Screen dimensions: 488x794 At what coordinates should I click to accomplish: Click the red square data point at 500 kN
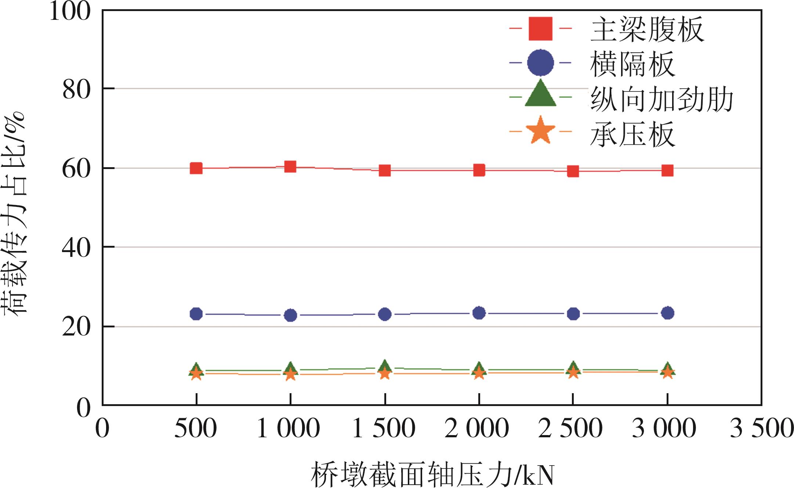click(x=196, y=168)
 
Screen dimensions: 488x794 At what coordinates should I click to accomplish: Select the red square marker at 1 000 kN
click(x=290, y=167)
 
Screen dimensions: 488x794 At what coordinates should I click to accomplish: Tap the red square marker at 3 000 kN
click(x=667, y=171)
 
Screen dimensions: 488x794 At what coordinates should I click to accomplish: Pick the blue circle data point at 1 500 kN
click(x=385, y=314)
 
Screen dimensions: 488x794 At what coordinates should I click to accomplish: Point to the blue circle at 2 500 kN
click(x=573, y=314)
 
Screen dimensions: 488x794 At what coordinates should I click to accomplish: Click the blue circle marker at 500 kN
click(x=196, y=314)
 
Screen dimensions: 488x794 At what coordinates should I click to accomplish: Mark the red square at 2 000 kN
click(x=479, y=170)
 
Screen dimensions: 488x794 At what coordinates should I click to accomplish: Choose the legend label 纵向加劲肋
click(x=661, y=99)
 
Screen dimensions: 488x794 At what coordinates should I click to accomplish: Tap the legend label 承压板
click(x=632, y=134)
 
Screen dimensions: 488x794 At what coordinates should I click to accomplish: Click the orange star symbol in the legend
click(x=540, y=131)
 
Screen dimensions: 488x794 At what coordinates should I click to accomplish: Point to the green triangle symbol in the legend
click(x=540, y=95)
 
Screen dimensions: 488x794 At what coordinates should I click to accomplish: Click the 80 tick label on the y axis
click(x=76, y=90)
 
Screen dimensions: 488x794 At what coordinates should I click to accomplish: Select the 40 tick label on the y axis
click(x=76, y=248)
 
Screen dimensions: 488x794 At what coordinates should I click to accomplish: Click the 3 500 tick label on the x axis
click(x=761, y=428)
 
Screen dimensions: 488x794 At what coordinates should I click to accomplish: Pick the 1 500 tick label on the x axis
click(x=384, y=428)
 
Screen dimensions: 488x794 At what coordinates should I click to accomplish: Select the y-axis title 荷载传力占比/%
click(x=15, y=213)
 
